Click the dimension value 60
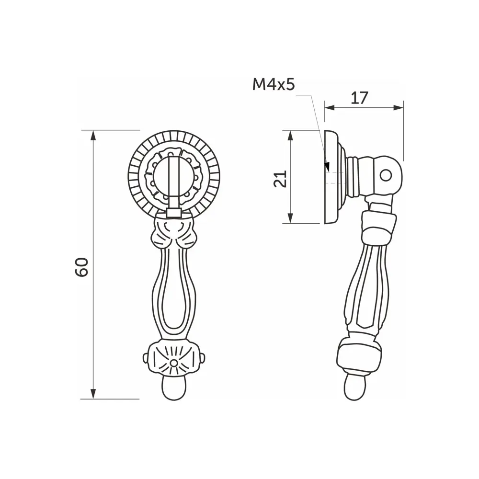(x=82, y=267)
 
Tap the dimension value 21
(x=283, y=178)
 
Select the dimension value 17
(x=359, y=98)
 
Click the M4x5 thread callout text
(x=273, y=85)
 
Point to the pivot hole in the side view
(x=386, y=175)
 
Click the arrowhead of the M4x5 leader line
(x=327, y=167)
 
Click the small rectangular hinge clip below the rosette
(x=174, y=212)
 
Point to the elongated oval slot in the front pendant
(x=174, y=297)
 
